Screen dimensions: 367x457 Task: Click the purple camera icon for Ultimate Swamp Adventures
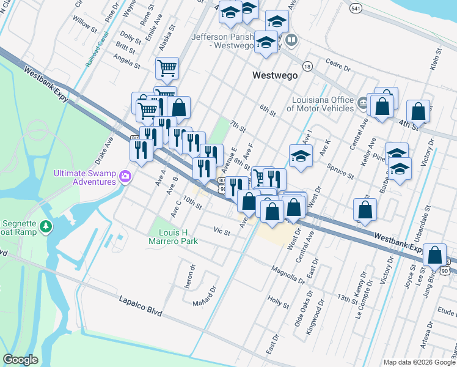[125, 176]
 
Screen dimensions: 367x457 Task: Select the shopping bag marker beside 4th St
[418, 111]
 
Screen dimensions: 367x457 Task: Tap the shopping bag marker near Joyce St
[434, 254]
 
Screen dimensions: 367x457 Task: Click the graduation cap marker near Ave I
[301, 157]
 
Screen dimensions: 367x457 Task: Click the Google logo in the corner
[20, 360]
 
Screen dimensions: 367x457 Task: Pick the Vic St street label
[221, 232]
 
